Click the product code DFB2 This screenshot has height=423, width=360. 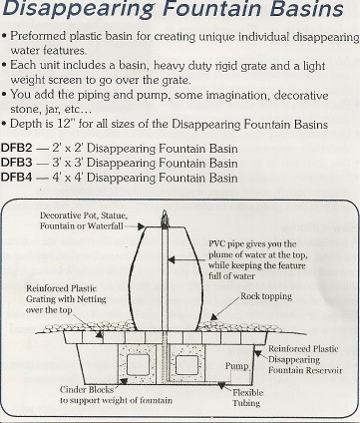17,148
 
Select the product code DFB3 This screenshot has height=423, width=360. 17,163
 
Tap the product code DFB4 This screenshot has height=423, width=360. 17,177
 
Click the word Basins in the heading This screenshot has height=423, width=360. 306,9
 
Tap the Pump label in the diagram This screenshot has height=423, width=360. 236,366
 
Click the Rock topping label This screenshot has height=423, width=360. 266,295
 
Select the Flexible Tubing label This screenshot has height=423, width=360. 247,397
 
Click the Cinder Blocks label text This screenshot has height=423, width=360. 87,389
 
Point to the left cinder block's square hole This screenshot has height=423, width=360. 139,365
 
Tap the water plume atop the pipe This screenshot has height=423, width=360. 165,219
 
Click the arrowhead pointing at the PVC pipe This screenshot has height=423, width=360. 172,259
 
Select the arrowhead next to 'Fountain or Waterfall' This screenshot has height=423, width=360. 142,226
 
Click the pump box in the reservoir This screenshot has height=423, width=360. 241,376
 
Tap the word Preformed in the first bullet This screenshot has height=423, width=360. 38,36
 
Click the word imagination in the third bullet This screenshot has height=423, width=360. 238,96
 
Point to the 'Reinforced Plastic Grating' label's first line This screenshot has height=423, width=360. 61,288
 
